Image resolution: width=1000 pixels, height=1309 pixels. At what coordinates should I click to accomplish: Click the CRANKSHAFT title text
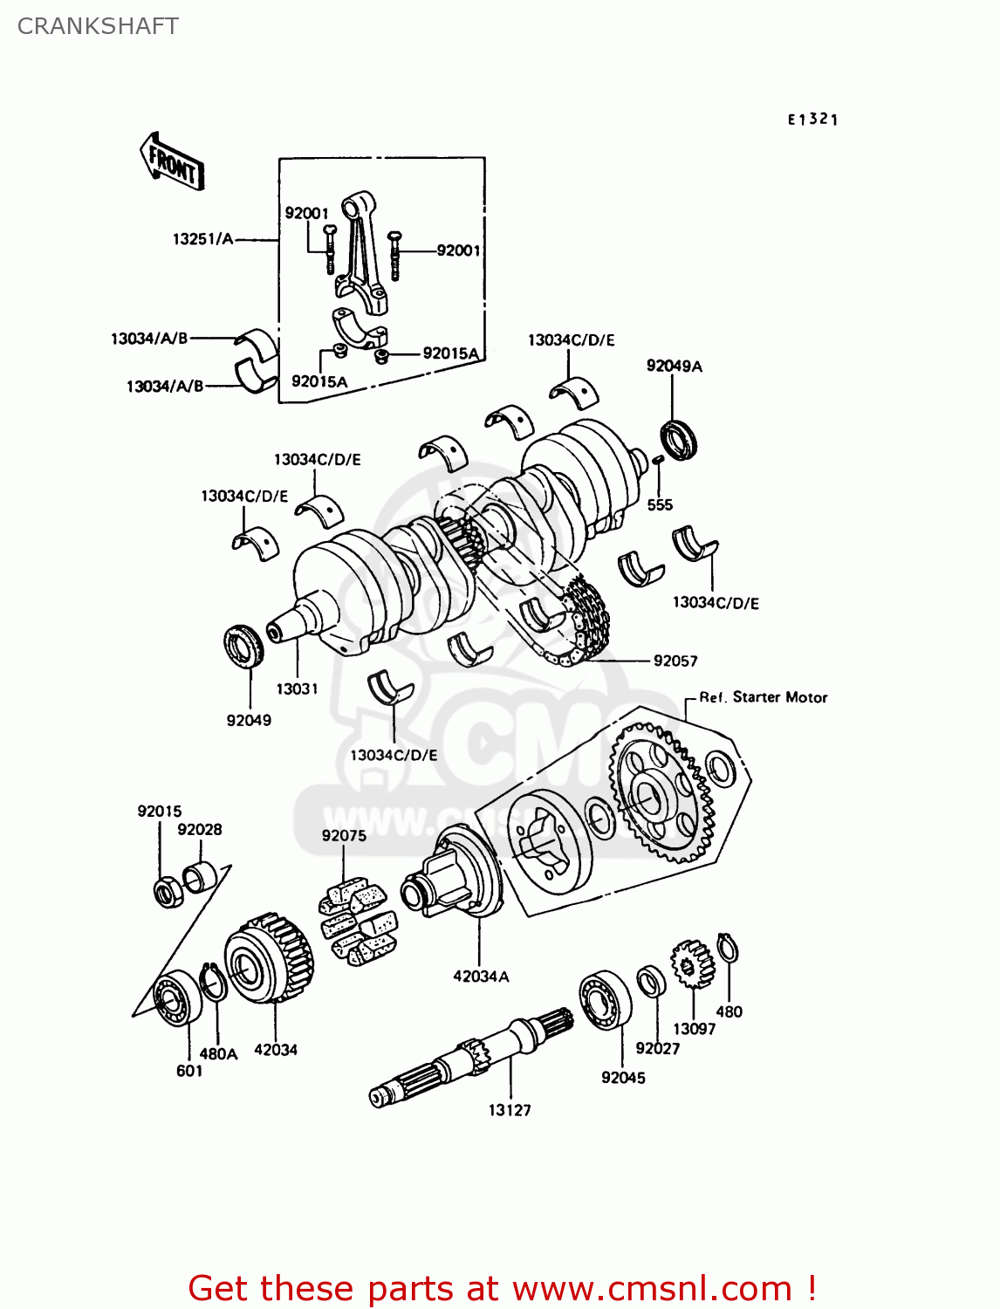98,26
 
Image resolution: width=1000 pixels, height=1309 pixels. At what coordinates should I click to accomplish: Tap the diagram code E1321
812,120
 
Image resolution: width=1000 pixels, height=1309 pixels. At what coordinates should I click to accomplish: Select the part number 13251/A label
202,239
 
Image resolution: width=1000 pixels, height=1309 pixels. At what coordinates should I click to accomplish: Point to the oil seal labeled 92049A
678,439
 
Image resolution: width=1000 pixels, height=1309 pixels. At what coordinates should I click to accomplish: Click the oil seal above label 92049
243,647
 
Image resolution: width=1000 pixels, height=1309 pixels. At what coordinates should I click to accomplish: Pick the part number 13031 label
297,689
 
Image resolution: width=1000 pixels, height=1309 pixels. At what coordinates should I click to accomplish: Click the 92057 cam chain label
675,661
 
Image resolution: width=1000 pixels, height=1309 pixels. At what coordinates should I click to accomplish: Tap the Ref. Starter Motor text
763,697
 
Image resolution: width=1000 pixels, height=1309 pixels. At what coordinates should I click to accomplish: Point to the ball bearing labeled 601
177,997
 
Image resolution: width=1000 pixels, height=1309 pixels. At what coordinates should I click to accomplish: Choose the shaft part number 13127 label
510,1110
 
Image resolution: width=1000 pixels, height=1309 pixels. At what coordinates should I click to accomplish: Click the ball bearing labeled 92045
606,999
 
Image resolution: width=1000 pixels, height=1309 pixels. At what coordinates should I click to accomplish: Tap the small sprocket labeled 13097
692,964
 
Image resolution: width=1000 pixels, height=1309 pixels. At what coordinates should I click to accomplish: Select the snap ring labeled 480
728,948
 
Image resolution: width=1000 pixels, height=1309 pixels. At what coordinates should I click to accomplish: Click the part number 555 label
660,504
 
